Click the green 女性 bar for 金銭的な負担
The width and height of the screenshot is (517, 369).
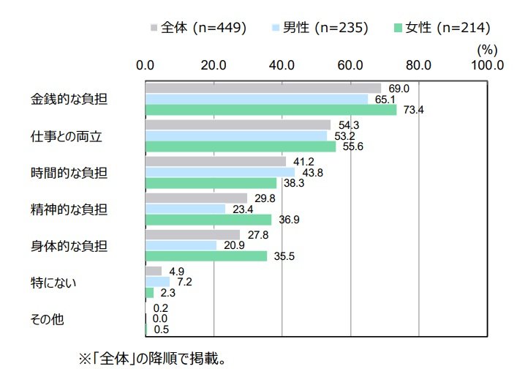(x=271, y=110)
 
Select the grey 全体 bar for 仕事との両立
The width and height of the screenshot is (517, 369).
(x=238, y=125)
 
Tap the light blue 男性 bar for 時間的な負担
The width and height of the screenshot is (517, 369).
(x=220, y=172)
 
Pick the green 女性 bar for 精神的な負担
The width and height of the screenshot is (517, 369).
(x=208, y=220)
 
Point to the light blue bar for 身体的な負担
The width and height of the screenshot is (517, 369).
(x=181, y=245)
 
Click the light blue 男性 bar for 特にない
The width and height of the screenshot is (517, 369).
(x=157, y=282)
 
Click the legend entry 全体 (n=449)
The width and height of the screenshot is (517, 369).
(x=198, y=29)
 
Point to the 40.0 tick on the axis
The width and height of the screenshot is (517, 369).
(x=282, y=64)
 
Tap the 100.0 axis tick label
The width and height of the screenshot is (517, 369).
(x=488, y=64)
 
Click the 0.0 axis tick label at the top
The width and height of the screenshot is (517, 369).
(x=146, y=64)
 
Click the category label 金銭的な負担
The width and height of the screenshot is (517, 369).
(x=69, y=99)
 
